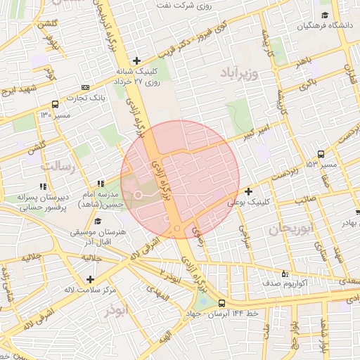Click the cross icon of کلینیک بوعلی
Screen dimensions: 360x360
[248, 191]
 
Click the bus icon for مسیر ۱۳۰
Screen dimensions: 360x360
[56, 103]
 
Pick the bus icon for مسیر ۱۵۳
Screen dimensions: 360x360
[321, 154]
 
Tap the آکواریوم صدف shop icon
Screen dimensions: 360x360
[284, 274]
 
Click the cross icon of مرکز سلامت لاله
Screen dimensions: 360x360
[89, 279]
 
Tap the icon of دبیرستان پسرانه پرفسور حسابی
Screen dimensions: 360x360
[42, 187]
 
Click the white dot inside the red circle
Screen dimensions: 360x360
[139, 194]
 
